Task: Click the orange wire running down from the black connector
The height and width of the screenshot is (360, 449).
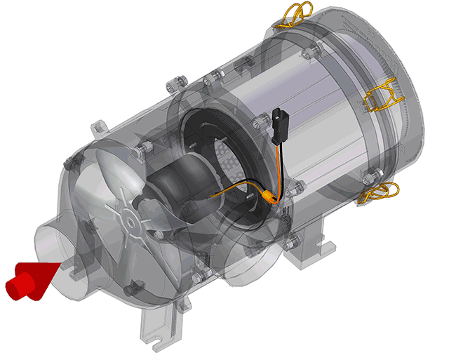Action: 281,165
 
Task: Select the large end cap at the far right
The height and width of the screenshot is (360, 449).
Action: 393,91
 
